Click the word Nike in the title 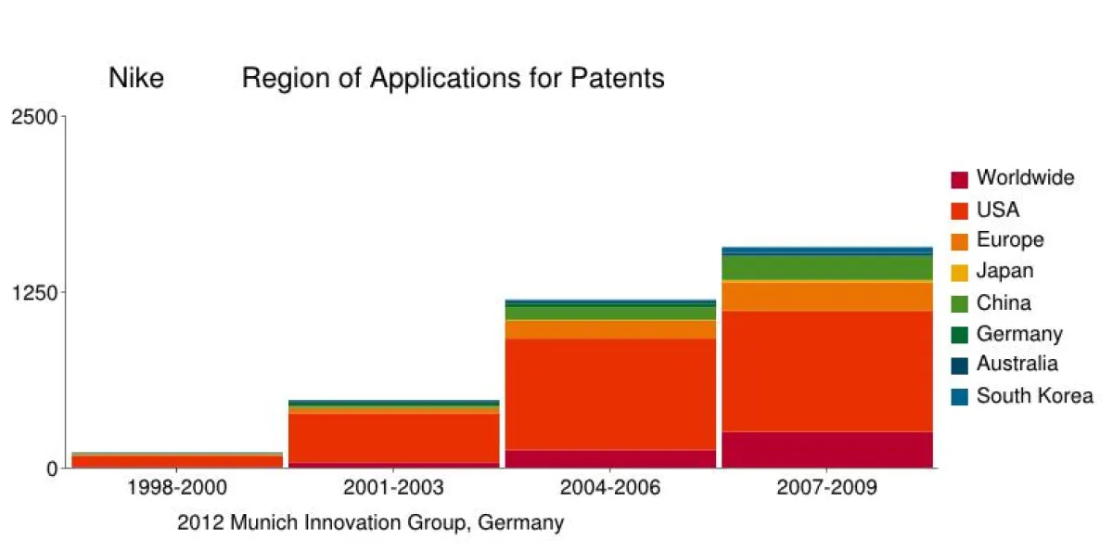pyautogui.click(x=136, y=79)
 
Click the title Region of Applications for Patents pyautogui.click(x=453, y=79)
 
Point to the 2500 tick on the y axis pyautogui.click(x=34, y=117)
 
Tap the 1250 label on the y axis pyautogui.click(x=34, y=292)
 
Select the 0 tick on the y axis pyautogui.click(x=52, y=469)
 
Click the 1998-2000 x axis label pyautogui.click(x=177, y=488)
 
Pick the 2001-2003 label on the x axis pyautogui.click(x=393, y=488)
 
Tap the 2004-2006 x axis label pyautogui.click(x=609, y=488)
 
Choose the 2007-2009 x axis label pyautogui.click(x=826, y=488)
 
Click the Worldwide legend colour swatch pyautogui.click(x=960, y=179)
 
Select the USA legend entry pyautogui.click(x=997, y=210)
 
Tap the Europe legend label pyautogui.click(x=1009, y=240)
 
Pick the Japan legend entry pyautogui.click(x=1004, y=272)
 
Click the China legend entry pyautogui.click(x=1004, y=302)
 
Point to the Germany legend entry pyautogui.click(x=1019, y=334)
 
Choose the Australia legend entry pyautogui.click(x=1017, y=365)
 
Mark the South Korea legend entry pyautogui.click(x=1034, y=396)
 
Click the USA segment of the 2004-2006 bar pyautogui.click(x=609, y=394)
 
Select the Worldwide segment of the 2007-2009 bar pyautogui.click(x=826, y=449)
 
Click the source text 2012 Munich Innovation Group pyautogui.click(x=370, y=523)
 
